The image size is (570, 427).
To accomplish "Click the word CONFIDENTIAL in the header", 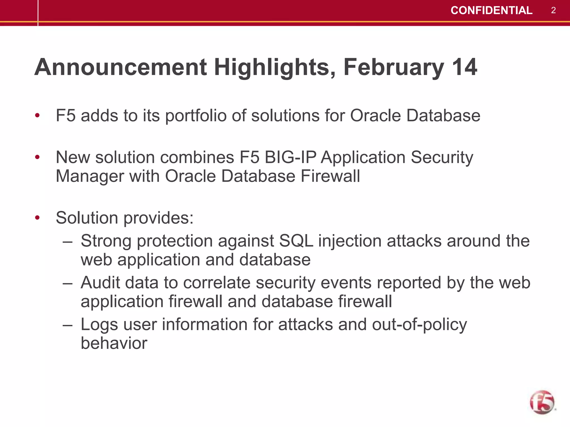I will (x=491, y=11).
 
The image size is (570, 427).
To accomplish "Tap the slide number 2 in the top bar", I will (x=553, y=11).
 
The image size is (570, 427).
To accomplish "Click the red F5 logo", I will (x=542, y=402).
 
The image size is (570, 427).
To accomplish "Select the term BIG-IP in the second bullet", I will (x=290, y=157).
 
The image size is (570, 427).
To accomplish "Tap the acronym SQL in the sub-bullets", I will (x=296, y=241).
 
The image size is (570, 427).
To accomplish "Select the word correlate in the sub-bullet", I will (x=217, y=283).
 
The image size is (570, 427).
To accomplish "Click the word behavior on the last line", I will (x=114, y=343).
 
